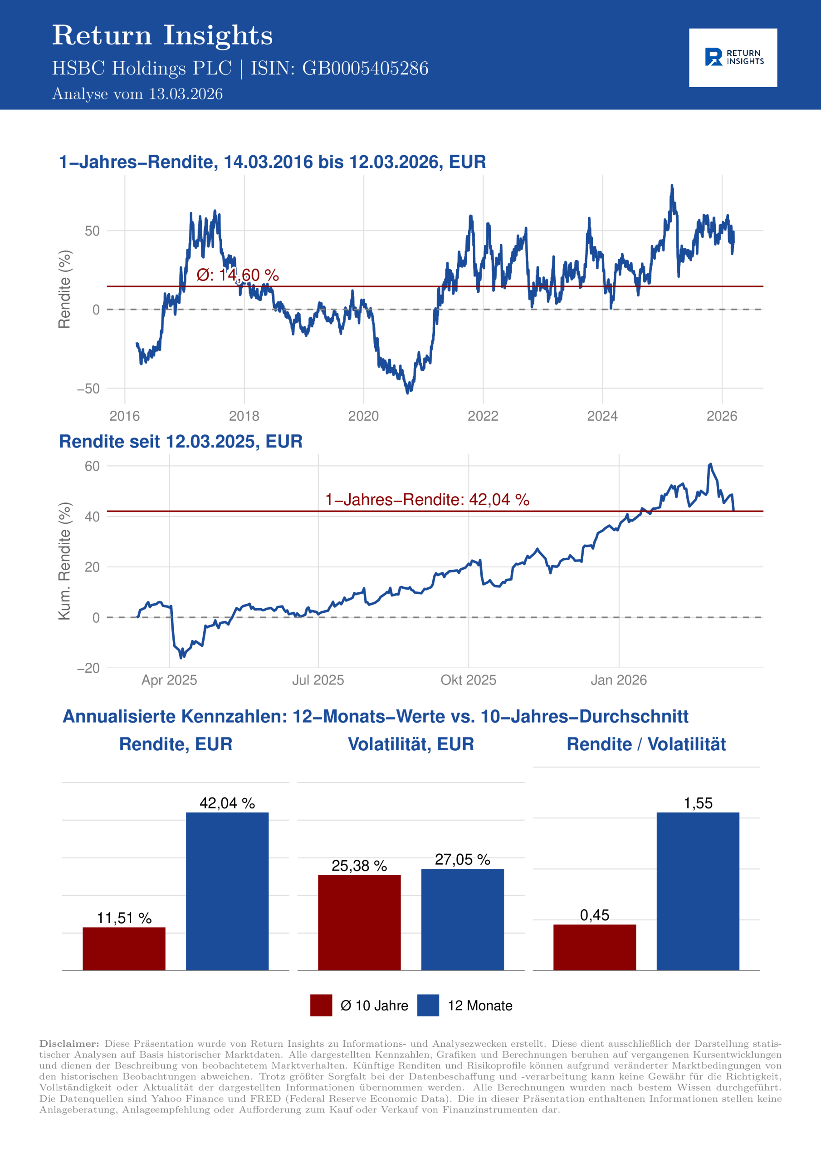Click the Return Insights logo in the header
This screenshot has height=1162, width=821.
[733, 58]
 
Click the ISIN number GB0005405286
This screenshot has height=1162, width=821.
[365, 69]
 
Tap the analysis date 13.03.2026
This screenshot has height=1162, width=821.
[185, 94]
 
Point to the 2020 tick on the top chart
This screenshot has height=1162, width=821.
[363, 416]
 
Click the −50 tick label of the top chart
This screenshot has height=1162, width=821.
[88, 389]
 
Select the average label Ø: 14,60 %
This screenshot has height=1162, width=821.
[237, 275]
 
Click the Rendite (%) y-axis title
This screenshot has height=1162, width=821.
[64, 289]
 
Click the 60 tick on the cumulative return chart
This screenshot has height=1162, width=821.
[92, 466]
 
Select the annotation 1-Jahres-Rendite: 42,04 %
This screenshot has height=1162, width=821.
[427, 499]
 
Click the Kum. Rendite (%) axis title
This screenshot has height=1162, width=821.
[64, 561]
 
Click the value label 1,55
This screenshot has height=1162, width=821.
[698, 803]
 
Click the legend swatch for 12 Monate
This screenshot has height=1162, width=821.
[428, 1005]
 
